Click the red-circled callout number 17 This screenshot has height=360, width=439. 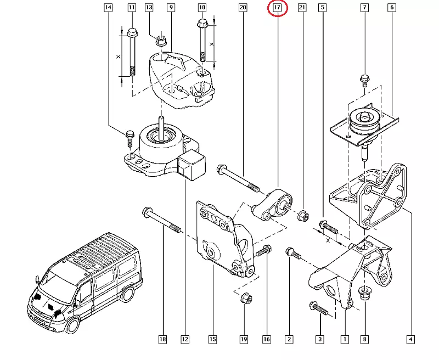tap(277, 8)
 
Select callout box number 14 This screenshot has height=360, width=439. tap(108, 8)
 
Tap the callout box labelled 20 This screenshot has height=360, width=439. tap(243, 8)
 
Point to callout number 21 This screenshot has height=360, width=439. tap(301, 8)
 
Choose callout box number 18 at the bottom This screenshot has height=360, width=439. tap(162, 340)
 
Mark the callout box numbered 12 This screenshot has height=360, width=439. tap(185, 340)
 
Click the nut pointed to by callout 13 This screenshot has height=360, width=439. tap(161, 40)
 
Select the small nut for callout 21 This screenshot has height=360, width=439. tap(301, 215)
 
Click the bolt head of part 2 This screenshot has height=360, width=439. tap(291, 253)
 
